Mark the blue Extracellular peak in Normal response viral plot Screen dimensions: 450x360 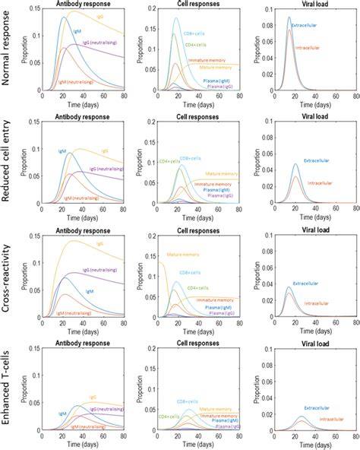289,17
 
